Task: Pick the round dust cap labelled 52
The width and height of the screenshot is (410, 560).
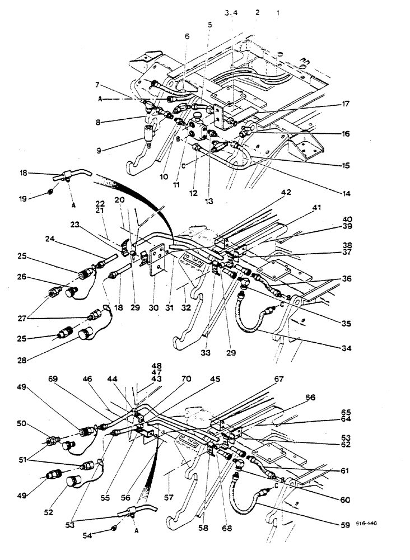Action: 75,482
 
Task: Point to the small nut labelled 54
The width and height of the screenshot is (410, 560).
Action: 114,528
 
